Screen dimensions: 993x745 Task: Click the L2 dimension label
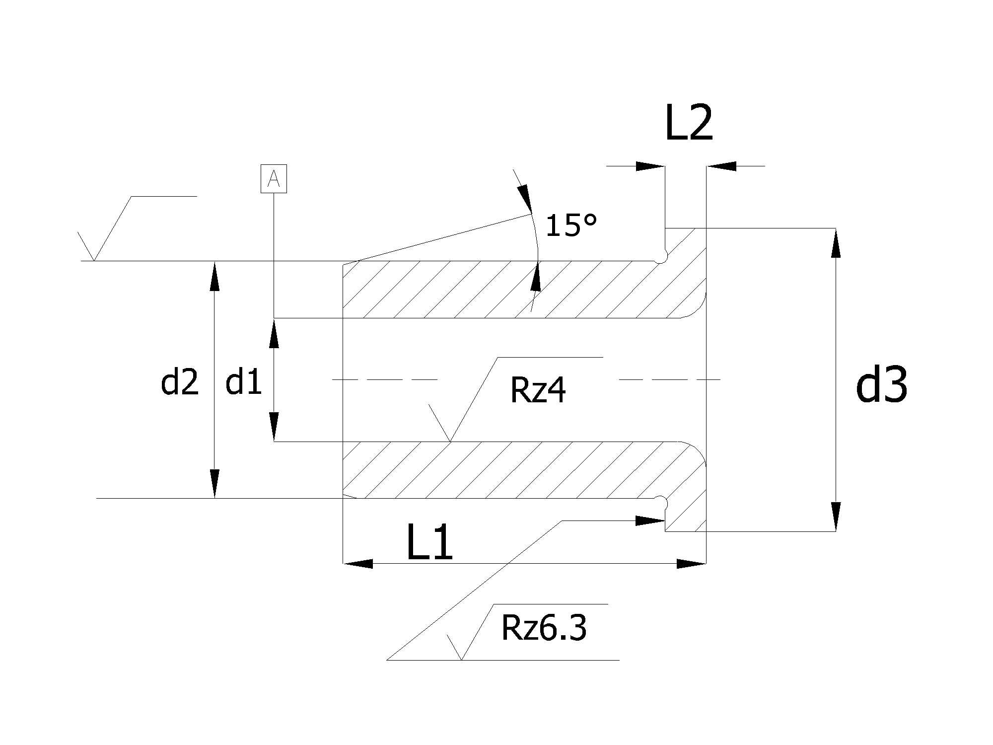pos(689,123)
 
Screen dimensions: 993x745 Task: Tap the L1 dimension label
pos(429,542)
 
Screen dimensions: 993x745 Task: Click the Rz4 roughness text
pos(538,390)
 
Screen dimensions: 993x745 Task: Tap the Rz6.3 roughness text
pos(544,627)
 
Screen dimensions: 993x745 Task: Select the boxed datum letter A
pos(274,178)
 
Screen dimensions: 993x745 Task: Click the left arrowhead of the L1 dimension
pos(358,564)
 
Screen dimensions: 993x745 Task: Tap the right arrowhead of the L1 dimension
pos(691,564)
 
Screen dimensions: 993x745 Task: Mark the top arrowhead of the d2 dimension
pos(214,276)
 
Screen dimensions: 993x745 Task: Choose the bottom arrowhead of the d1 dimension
pos(274,427)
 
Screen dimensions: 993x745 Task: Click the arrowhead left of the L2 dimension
pos(650,166)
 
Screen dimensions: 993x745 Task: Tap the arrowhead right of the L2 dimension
pos(721,166)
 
